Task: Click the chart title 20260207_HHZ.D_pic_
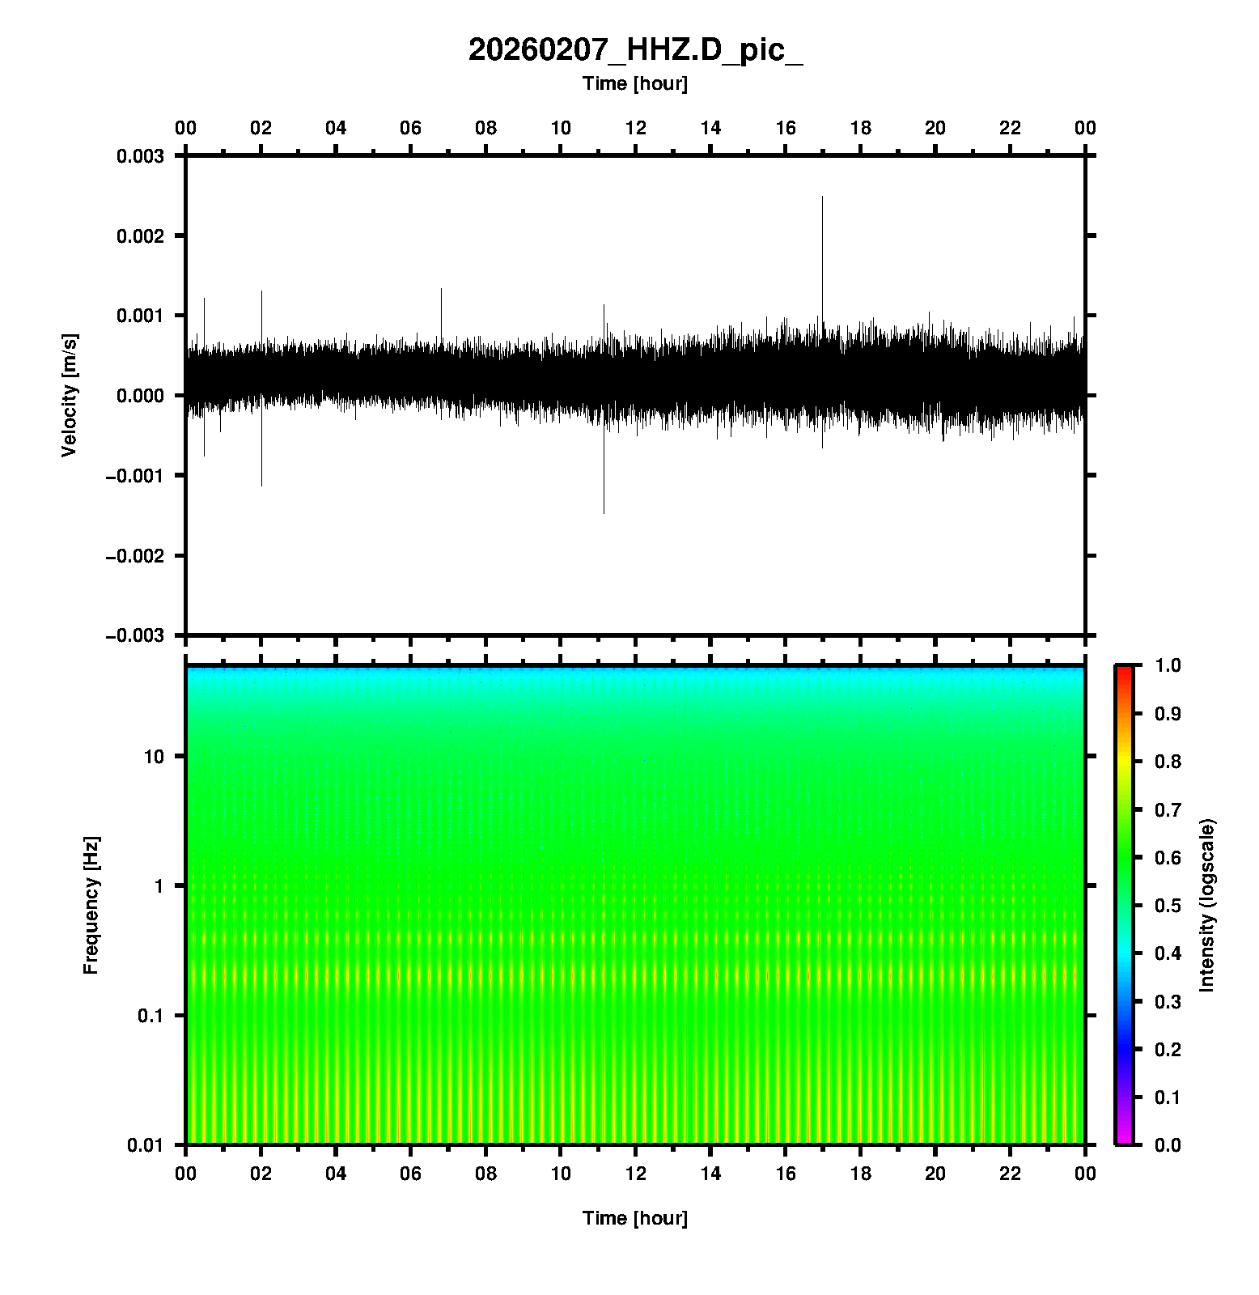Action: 635,50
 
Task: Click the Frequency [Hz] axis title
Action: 91,905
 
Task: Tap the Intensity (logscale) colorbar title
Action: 1207,905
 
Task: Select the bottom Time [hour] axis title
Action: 635,1218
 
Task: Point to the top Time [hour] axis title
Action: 635,83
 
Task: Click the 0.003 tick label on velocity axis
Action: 140,156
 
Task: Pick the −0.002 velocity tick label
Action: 134,555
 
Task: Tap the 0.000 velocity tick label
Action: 140,396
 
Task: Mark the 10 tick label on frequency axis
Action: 154,757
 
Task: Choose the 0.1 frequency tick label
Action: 150,1016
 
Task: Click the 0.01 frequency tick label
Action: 146,1144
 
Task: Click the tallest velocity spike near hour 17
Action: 822,198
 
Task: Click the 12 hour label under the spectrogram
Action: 636,1174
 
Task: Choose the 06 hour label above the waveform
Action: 411,128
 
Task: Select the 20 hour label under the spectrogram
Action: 935,1174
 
